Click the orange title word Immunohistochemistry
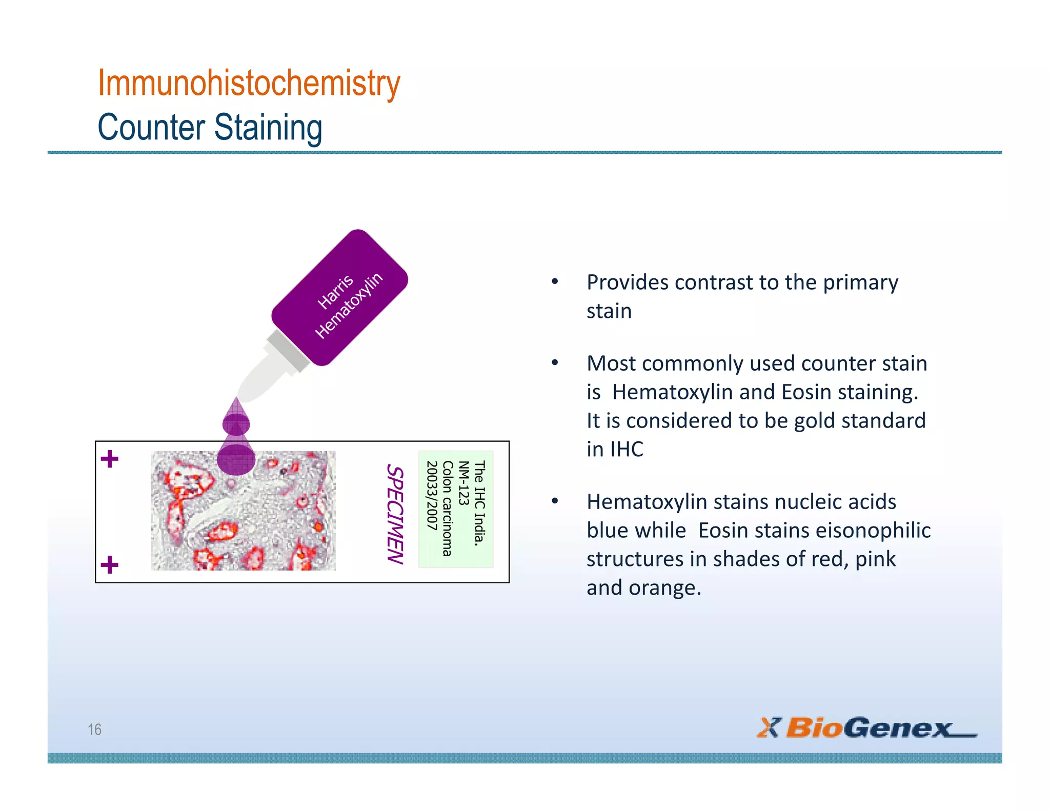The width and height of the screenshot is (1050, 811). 249,83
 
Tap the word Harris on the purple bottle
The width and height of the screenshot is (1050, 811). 336,291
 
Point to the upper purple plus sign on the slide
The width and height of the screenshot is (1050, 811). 109,459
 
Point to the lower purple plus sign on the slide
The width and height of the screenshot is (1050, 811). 109,565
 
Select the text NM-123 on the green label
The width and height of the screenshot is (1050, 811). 463,483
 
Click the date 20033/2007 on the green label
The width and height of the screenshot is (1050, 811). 432,496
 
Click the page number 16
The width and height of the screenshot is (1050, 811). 94,729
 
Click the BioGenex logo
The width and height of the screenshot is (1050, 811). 866,727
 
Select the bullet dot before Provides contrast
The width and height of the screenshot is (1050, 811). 555,281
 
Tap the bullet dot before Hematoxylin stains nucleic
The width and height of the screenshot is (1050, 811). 555,501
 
